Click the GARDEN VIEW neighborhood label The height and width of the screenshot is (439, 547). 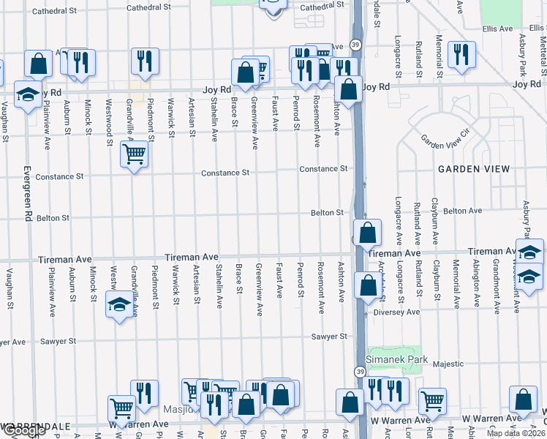click(473, 169)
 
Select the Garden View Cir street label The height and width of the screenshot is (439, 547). click(445, 139)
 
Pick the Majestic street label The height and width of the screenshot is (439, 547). click(448, 364)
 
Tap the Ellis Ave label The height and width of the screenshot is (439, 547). click(498, 29)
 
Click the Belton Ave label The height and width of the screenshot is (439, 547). click(462, 211)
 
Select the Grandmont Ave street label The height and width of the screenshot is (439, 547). click(496, 285)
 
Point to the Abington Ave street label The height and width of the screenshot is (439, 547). click(476, 285)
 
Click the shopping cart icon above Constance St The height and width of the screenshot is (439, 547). click(134, 155)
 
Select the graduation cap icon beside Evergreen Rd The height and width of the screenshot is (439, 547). click(28, 94)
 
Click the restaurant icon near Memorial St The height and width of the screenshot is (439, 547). click(461, 55)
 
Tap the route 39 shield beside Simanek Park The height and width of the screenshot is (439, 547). click(360, 372)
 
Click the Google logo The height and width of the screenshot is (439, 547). click(23, 431)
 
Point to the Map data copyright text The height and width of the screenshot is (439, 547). click(516, 433)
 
